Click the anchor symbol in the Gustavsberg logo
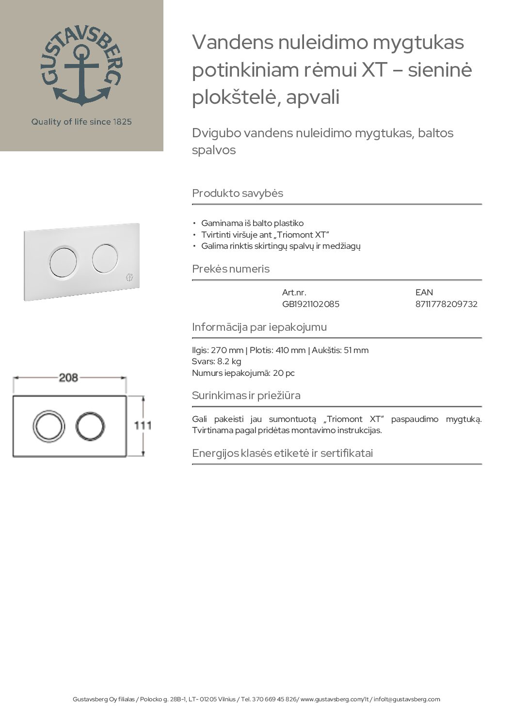[81, 75]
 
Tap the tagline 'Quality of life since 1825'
[81, 122]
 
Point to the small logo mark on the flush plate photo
[129, 278]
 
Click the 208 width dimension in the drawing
[68, 377]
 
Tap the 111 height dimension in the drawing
[143, 425]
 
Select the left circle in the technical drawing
[48, 427]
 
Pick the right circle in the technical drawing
[90, 426]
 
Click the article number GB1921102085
[310, 304]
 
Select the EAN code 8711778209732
[446, 304]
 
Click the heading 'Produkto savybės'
[238, 193]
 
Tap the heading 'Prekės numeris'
[231, 269]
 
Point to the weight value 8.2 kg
[229, 361]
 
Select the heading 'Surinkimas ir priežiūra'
[246, 395]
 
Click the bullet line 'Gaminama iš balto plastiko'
[252, 223]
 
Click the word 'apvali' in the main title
[313, 97]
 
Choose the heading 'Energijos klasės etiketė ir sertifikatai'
[282, 453]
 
